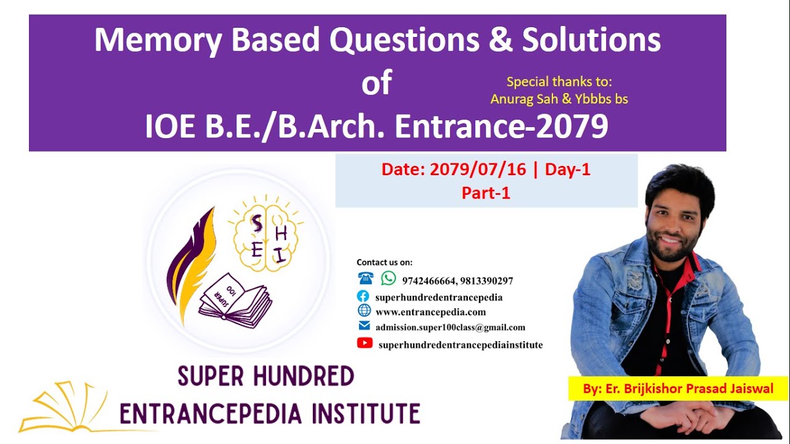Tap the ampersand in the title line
tap(500, 41)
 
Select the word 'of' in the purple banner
tap(376, 83)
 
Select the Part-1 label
tap(486, 193)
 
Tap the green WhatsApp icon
tap(388, 279)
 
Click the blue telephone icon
tap(365, 279)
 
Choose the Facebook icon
tap(364, 297)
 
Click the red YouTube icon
tap(365, 343)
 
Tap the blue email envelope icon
tap(364, 326)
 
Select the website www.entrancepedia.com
tap(430, 312)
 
